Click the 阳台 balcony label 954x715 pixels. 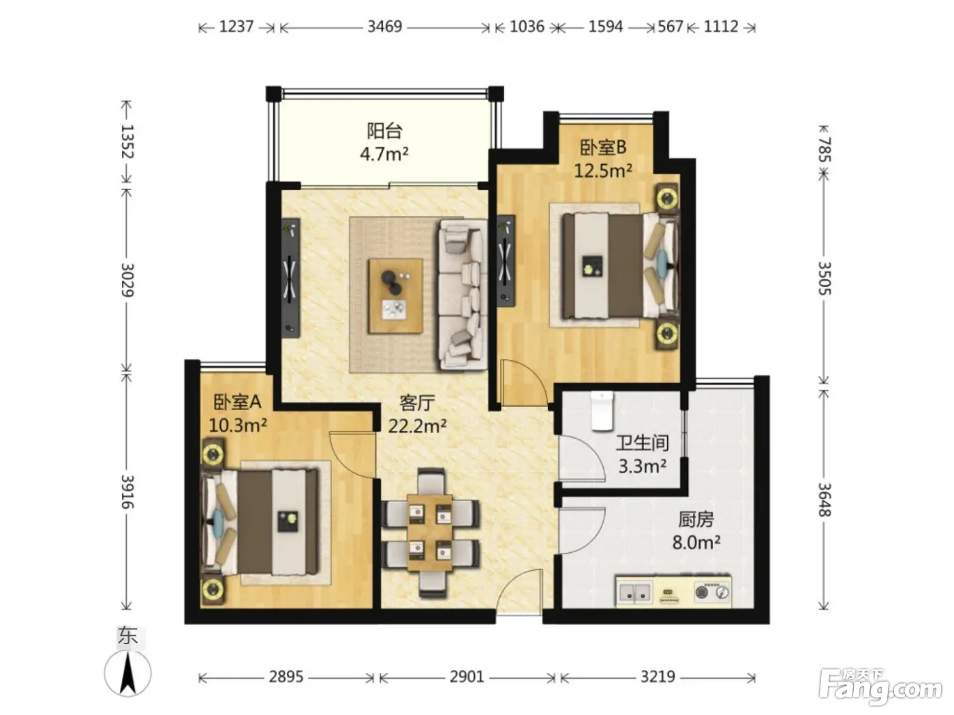click(384, 131)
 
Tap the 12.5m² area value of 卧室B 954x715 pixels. click(602, 170)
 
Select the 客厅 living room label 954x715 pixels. click(417, 403)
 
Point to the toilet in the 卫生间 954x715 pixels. click(602, 410)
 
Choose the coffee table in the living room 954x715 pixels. click(395, 296)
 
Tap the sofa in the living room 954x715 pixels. click(463, 295)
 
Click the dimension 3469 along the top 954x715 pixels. click(384, 27)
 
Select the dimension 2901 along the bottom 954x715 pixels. click(467, 676)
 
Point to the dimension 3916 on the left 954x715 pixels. click(127, 492)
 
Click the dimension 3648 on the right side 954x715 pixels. click(825, 500)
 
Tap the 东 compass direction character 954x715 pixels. click(127, 637)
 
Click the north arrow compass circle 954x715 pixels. click(128, 673)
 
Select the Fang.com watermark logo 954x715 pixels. click(880, 687)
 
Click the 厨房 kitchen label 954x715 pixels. click(696, 519)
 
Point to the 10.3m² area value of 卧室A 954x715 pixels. click(237, 424)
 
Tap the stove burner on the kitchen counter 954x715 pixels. click(701, 592)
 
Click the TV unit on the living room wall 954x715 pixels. click(290, 278)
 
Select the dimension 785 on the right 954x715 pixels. click(825, 149)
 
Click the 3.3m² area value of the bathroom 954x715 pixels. click(642, 466)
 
